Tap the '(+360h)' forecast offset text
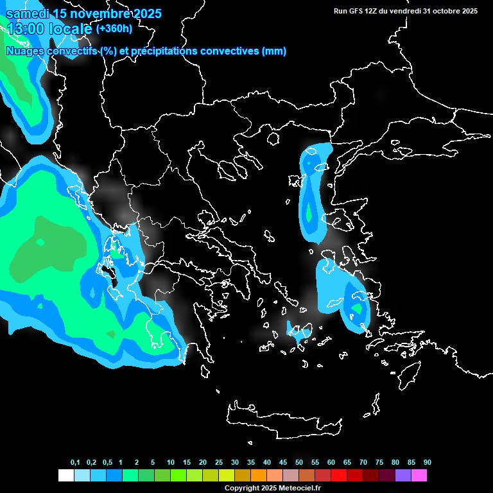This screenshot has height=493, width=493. click(x=114, y=29)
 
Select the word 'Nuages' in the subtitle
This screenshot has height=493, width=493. click(x=24, y=51)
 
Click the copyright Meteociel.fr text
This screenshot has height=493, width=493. click(x=272, y=488)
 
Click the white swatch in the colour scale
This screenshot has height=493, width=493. click(x=65, y=476)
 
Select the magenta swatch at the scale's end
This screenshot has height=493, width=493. click(x=419, y=476)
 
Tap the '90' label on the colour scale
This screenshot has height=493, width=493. click(x=427, y=463)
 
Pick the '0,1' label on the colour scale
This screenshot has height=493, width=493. click(x=75, y=463)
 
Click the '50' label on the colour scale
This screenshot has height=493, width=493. click(x=299, y=463)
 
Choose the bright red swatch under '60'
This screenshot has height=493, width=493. click(x=339, y=476)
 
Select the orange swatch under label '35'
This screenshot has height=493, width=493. click(x=259, y=476)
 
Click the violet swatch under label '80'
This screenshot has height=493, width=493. click(x=403, y=476)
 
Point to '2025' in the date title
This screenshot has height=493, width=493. click(x=144, y=13)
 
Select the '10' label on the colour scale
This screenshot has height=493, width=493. click(x=171, y=463)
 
